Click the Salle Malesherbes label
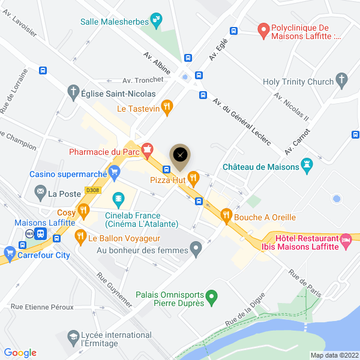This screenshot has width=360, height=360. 115,22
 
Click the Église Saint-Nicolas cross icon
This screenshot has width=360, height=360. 73,93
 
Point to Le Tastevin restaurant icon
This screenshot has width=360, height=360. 167,108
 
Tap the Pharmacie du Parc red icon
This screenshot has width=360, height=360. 146,149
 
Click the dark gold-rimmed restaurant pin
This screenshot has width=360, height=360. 180,155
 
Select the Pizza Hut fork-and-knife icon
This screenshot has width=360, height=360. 193,177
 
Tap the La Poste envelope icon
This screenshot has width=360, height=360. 40,193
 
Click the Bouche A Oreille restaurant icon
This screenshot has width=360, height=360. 226,214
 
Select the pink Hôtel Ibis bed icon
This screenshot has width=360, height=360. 346,241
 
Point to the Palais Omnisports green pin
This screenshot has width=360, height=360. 211,296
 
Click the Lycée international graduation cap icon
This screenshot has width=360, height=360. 73,337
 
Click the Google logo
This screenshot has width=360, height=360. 20,353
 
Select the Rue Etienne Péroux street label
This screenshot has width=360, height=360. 42,307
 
